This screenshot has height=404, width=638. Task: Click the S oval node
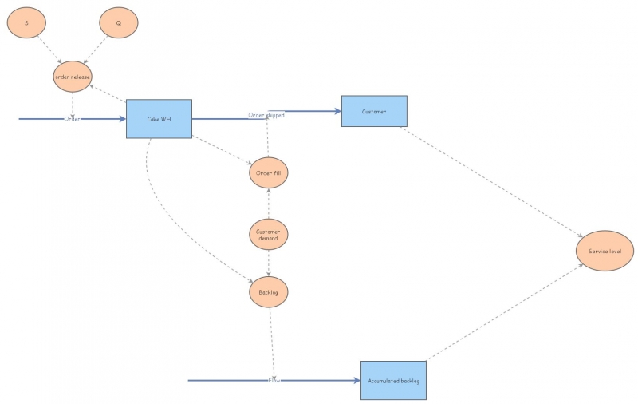[26, 23]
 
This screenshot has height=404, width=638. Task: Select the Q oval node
[119, 23]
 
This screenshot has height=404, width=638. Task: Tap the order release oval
[73, 77]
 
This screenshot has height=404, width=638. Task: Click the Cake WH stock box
[159, 119]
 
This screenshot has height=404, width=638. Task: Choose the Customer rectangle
[374, 111]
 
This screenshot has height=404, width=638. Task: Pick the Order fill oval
[269, 172]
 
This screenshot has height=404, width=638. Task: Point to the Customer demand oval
[269, 235]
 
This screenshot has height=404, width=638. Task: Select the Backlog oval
[269, 293]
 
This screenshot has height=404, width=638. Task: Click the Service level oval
[605, 252]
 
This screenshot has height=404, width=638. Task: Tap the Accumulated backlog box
[393, 381]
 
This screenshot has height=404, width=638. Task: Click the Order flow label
[73, 119]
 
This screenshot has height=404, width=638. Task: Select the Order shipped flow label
[266, 115]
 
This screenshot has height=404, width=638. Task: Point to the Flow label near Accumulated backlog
[274, 380]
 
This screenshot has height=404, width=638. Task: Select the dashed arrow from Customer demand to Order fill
[269, 204]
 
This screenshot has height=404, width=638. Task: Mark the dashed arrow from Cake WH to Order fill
[222, 151]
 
